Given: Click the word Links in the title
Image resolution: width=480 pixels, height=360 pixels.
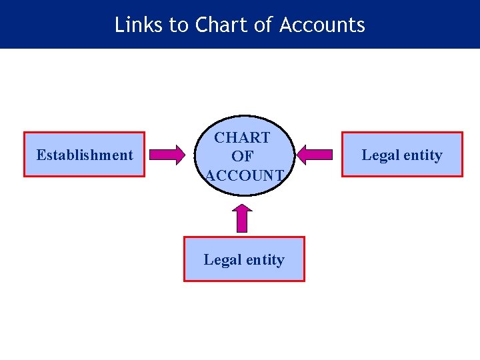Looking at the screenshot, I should click(138, 25).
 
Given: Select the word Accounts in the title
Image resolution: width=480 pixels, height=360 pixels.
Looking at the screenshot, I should click(322, 25).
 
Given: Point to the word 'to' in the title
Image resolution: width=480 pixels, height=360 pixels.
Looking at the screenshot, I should click(179, 25).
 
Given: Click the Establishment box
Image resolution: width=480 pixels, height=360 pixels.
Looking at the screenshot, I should click(84, 154).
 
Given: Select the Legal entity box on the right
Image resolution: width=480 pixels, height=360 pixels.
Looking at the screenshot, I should click(402, 154).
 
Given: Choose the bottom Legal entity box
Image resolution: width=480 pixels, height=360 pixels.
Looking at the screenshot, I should click(244, 259).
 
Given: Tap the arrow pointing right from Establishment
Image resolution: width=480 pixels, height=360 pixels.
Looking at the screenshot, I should click(167, 155).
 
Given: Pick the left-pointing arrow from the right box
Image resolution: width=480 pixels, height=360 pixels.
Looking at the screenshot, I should click(314, 155).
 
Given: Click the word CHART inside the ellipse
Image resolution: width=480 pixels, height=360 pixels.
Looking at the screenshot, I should click(242, 138).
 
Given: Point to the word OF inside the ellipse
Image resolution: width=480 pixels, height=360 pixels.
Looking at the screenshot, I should click(242, 157).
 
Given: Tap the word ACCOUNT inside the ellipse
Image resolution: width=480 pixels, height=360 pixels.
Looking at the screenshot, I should click(245, 175).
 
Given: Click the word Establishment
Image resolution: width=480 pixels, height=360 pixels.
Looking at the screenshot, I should click(85, 155).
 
